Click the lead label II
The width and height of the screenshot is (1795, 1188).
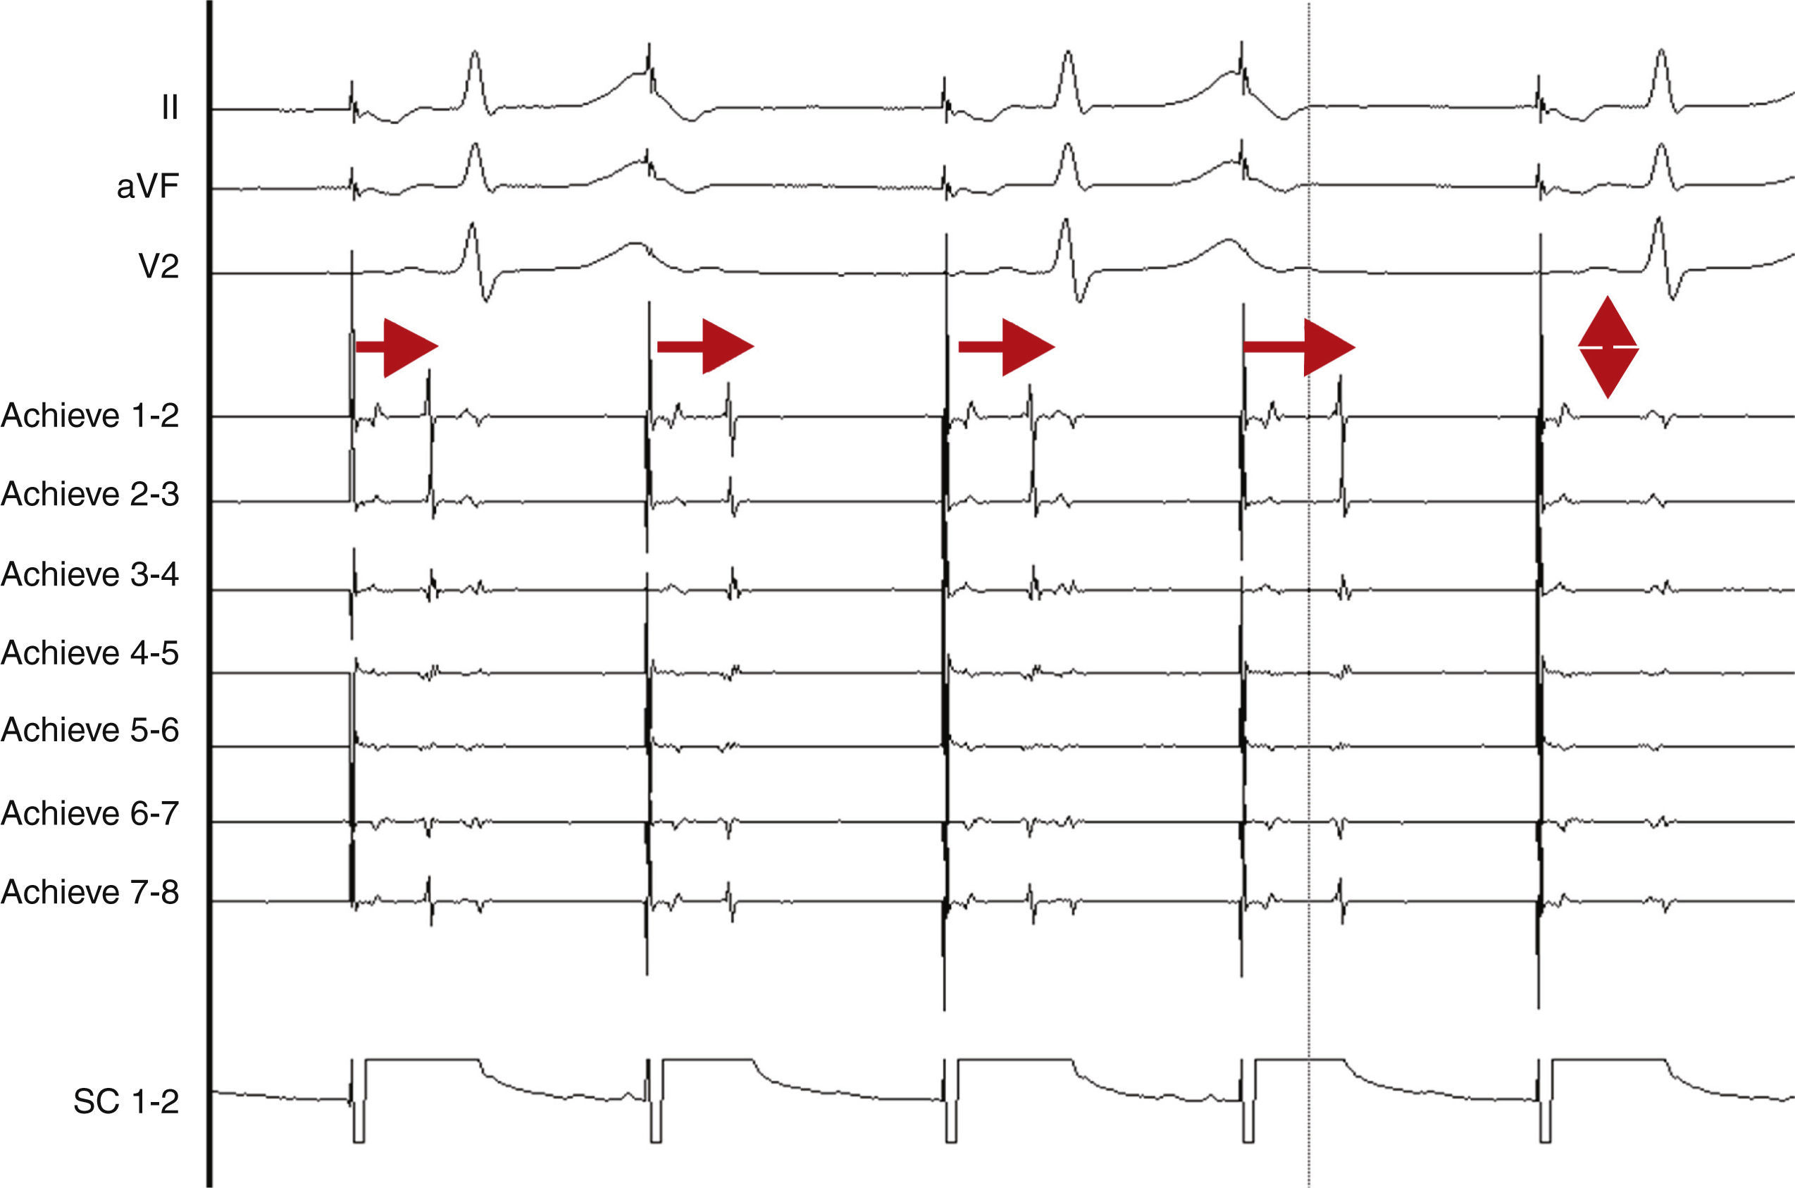tap(170, 109)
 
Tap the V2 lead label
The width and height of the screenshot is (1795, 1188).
tap(159, 266)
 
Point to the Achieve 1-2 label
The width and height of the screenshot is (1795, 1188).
tap(89, 415)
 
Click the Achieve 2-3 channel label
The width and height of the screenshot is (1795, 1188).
tap(89, 494)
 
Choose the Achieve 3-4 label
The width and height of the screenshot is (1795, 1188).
tap(89, 574)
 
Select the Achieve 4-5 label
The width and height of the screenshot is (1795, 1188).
tap(89, 652)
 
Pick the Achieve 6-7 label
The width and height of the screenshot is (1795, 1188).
tap(89, 813)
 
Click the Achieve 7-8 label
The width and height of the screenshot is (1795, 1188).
tap(89, 892)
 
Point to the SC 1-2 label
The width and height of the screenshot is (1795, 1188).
tap(125, 1101)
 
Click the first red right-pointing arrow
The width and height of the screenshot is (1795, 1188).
tap(397, 347)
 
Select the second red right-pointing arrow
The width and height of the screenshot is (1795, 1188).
tap(705, 346)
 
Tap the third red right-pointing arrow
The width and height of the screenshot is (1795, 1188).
tap(1007, 347)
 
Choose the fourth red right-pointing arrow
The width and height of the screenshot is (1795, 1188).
tap(1299, 347)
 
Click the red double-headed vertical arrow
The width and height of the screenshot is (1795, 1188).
tap(1608, 347)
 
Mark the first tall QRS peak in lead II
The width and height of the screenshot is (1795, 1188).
tap(474, 53)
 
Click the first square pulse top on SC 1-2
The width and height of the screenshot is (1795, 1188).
tap(421, 1060)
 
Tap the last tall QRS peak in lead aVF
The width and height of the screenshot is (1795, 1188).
tap(1660, 145)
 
